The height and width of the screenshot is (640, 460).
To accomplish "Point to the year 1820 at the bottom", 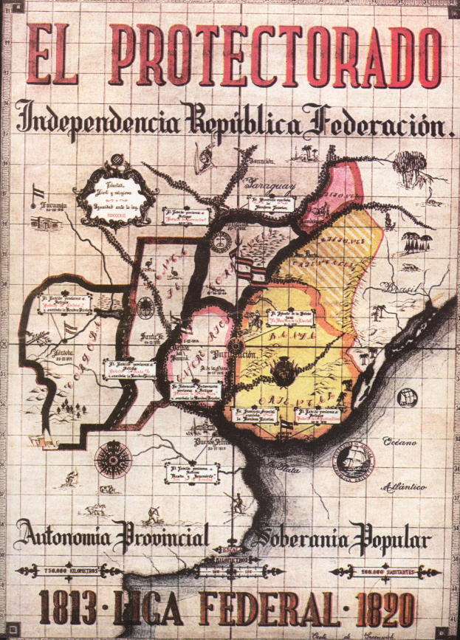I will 383,610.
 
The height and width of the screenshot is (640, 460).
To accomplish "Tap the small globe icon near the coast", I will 407,398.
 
